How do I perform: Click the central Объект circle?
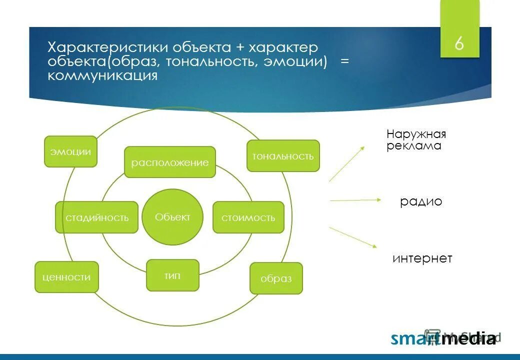(172, 217)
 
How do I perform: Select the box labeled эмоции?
(70, 151)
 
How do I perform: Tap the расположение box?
(170, 162)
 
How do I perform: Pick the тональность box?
(283, 156)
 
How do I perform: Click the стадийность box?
(97, 217)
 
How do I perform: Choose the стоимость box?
(248, 217)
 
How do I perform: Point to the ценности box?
(66, 277)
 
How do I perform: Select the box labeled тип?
(173, 275)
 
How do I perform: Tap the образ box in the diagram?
(276, 278)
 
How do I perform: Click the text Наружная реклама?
(416, 140)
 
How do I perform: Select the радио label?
(421, 201)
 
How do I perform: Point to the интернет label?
(422, 258)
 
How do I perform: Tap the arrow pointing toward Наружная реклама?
(347, 164)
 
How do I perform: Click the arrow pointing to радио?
(355, 200)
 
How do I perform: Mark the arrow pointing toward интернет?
(353, 237)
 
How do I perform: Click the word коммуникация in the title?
(102, 75)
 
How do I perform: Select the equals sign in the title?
(344, 61)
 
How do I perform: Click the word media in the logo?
(469, 338)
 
